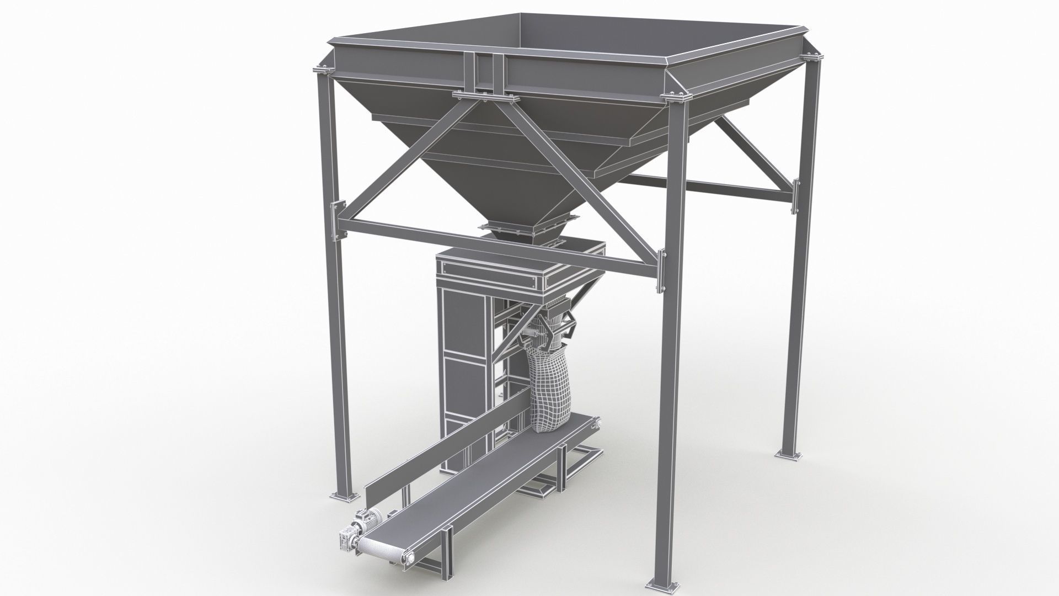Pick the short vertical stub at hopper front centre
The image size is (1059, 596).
486,72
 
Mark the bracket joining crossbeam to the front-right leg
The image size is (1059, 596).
661,270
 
